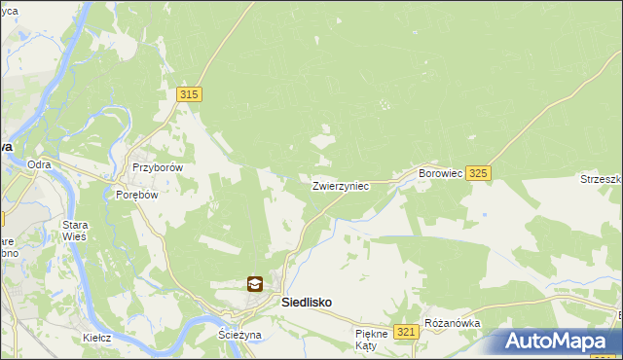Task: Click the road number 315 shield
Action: coord(190,93)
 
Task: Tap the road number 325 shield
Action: coord(478,173)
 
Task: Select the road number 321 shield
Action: coord(408,332)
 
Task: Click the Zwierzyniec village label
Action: coord(340,185)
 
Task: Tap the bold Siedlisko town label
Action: coord(306,303)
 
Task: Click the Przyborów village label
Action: coord(158,167)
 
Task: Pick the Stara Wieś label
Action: coord(75,230)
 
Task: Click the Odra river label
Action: coord(39,164)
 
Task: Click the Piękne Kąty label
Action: coord(372,339)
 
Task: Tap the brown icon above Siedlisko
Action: coord(254,284)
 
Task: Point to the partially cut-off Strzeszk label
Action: coord(601,179)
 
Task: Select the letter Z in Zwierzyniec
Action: coord(316,185)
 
